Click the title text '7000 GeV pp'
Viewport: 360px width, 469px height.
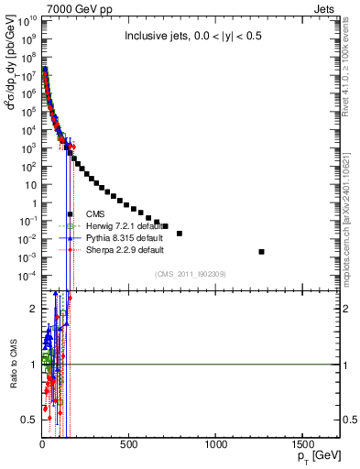pyautogui.click(x=66, y=8)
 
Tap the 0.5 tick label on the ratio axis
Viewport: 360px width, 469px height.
pyautogui.click(x=28, y=420)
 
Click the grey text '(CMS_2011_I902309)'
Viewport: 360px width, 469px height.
pyautogui.click(x=191, y=274)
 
